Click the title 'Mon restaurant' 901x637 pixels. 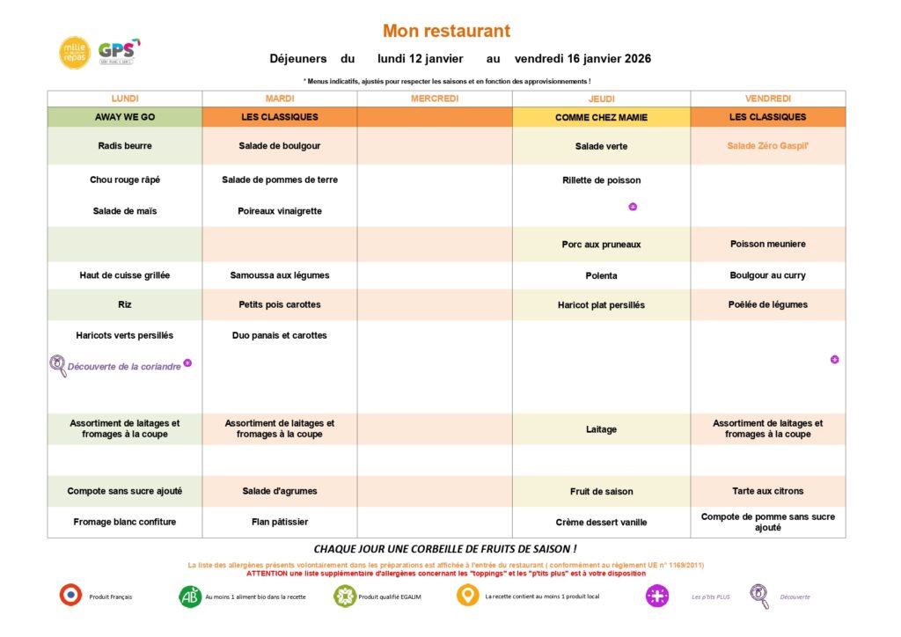(x=446, y=31)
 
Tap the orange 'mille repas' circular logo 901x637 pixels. (x=75, y=53)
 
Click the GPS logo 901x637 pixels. (x=116, y=52)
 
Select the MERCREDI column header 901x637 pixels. (x=435, y=99)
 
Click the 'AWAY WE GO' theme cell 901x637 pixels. (x=124, y=117)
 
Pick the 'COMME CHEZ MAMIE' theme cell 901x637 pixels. (x=601, y=117)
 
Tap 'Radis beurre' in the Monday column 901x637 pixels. (x=124, y=146)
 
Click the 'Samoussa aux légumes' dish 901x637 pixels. (x=280, y=275)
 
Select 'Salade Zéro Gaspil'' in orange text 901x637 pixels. (x=767, y=146)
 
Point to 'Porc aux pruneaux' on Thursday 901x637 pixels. (x=601, y=245)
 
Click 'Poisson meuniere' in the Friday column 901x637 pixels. (x=767, y=245)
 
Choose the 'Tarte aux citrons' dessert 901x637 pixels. (x=767, y=491)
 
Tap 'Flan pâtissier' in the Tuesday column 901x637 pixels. (x=280, y=522)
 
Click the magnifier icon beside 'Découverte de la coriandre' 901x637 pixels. (x=58, y=366)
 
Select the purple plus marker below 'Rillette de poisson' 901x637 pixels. (x=633, y=207)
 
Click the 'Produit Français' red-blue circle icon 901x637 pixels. (x=70, y=596)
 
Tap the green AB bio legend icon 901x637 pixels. (x=190, y=596)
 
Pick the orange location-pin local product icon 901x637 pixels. (x=468, y=596)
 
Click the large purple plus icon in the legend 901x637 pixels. (x=657, y=596)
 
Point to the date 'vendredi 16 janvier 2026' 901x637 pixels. (x=582, y=59)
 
